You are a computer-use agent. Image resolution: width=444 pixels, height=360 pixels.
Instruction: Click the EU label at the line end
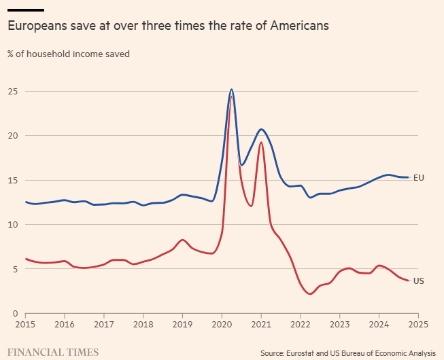point(419,178)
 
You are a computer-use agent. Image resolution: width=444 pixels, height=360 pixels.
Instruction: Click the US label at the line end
point(419,281)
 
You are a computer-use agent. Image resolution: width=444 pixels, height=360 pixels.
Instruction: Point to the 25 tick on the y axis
point(13,91)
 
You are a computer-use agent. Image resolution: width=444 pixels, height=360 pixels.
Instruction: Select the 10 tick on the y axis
point(13,224)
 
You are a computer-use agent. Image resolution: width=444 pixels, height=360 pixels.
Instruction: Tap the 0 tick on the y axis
point(16,313)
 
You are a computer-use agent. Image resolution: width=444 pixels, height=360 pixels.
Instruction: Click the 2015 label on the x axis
point(25,325)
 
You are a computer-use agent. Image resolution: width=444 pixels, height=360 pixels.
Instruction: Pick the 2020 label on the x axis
point(222,325)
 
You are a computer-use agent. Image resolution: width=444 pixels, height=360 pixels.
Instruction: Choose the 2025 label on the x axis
point(418,325)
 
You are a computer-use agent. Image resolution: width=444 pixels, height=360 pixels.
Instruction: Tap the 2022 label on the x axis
point(301,325)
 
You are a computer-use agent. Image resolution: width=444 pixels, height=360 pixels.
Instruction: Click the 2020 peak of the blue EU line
point(231,89)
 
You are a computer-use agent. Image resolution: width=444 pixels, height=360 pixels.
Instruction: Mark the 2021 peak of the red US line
point(261,123)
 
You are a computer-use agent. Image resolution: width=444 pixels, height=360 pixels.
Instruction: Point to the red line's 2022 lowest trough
point(310,294)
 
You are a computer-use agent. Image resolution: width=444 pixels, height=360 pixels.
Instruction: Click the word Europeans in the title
point(37,26)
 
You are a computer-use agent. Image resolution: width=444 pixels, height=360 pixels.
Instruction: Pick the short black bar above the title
point(26,10)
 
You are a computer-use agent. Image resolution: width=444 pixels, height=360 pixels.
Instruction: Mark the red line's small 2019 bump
point(182,240)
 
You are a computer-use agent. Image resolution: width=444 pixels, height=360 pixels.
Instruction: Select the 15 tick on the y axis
point(13,180)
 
